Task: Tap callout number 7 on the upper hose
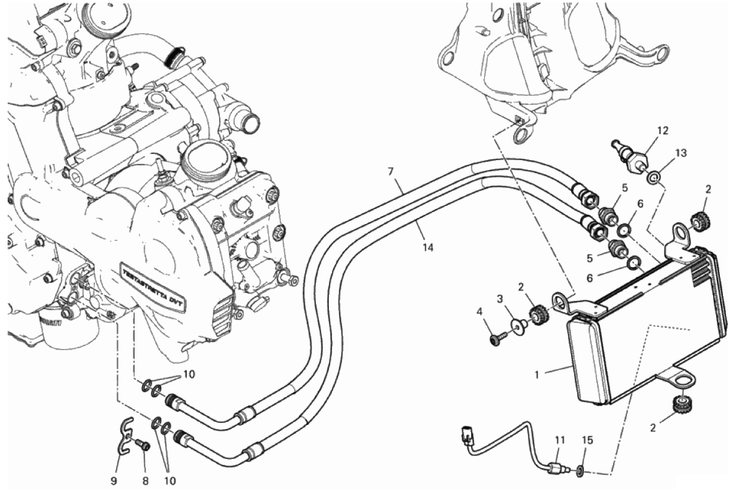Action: tap(391, 170)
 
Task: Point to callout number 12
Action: tap(663, 130)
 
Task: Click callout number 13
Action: tap(681, 154)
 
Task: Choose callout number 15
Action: tap(588, 440)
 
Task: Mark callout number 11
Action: tap(560, 440)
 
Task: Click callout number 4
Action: tap(480, 311)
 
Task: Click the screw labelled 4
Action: tap(496, 338)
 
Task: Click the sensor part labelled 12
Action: tap(635, 159)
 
